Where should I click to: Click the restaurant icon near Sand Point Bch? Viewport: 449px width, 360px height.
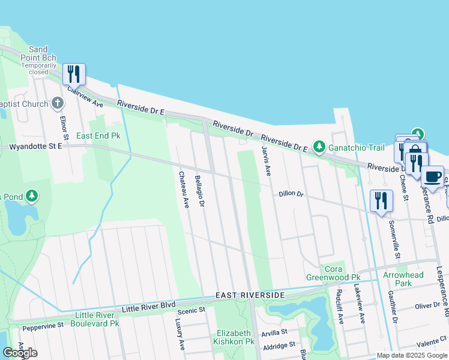coord(74,74)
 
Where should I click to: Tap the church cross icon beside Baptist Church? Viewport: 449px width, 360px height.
coord(57,104)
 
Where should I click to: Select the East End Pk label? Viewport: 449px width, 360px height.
coord(98,136)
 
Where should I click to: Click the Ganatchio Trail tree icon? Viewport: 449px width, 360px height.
coord(319,146)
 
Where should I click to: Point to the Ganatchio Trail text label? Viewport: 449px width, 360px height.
coord(355,146)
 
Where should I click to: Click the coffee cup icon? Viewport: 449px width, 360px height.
coord(432,176)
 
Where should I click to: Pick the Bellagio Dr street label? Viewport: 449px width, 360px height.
coord(200,191)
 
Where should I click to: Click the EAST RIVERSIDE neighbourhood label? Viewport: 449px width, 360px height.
coord(250,296)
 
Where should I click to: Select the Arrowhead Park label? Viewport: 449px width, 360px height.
coord(403,279)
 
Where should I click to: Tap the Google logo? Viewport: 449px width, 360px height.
coord(20,353)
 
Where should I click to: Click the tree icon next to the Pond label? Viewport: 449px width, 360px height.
coord(32,196)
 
